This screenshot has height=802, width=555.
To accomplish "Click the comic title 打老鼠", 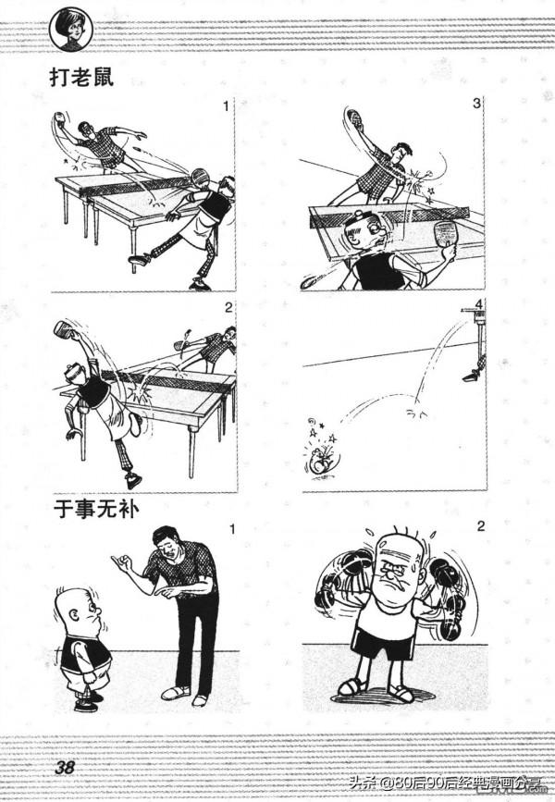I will coord(89,77).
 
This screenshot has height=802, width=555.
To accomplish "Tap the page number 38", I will coord(64,769).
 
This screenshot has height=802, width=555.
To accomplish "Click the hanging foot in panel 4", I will coord(473,374).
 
